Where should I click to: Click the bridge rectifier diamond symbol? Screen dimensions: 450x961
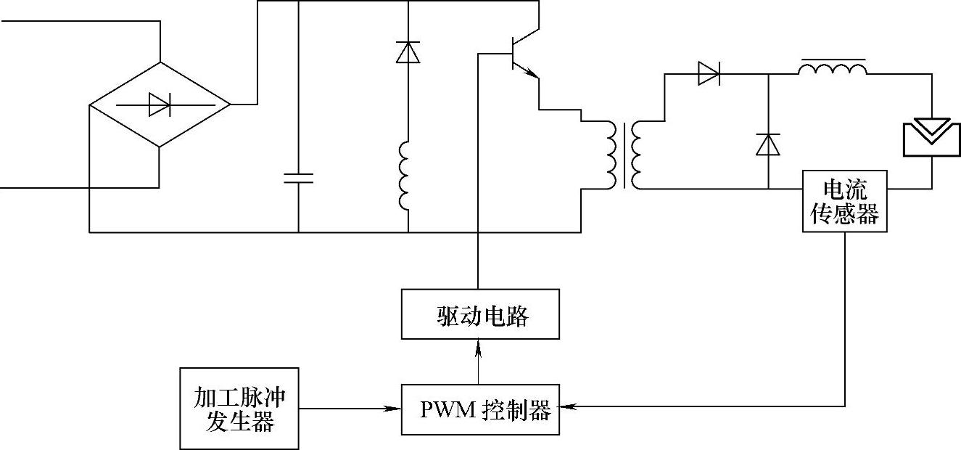point(160,105)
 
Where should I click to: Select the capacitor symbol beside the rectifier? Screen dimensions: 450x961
point(298,179)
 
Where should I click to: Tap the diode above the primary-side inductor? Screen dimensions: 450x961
point(408,53)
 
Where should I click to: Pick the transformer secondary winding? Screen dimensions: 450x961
point(638,155)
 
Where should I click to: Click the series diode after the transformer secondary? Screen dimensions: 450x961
point(709,73)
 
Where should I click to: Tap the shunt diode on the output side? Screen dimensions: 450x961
point(767,144)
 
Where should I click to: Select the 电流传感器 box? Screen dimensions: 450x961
point(845,201)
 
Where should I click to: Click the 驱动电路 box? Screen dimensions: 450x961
point(480,314)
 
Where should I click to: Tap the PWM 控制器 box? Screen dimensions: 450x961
point(480,410)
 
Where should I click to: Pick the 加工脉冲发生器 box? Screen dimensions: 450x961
point(239,408)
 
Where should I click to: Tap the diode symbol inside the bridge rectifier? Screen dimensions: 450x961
point(159,105)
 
